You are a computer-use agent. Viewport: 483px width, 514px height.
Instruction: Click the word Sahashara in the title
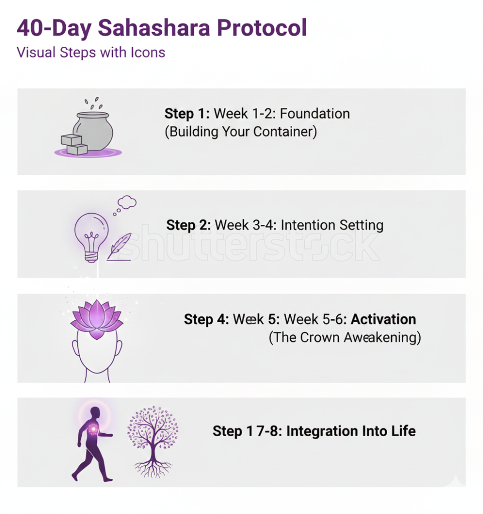pos(154,28)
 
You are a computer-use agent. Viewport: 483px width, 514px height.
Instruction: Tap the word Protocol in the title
pos(262,28)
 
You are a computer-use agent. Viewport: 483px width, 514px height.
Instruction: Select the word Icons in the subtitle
pos(148,52)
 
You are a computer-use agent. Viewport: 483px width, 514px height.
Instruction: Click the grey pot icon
pos(93,131)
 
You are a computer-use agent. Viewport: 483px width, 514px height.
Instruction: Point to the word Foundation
pos(315,114)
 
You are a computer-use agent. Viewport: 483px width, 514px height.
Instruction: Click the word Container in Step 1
pos(285,132)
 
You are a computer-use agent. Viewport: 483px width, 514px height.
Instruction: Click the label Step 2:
pos(189,225)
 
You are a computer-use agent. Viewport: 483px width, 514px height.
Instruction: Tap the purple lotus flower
pos(97,320)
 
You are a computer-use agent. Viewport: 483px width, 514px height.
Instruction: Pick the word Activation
pos(383,319)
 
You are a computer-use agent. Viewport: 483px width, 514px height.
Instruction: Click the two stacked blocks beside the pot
pos(74,145)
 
